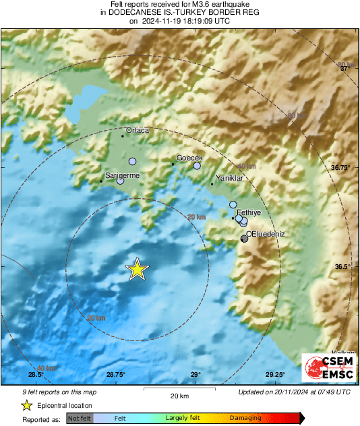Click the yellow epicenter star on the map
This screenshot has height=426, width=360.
137,269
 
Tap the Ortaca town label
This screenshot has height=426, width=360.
138,130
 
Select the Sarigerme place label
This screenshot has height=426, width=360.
121,175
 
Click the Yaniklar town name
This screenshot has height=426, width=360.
229,178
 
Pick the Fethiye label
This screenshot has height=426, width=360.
249,212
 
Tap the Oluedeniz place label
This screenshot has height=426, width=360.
266,233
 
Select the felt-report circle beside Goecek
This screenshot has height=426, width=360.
197,165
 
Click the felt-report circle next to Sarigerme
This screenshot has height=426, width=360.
121,181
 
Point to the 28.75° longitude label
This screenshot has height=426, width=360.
115,375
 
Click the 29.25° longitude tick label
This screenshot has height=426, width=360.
275,375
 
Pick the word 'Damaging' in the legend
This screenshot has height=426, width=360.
245,418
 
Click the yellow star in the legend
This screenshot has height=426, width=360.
26,405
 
